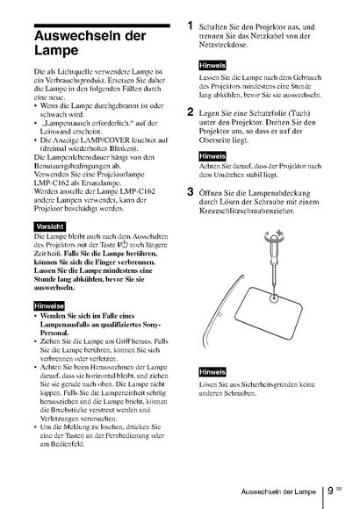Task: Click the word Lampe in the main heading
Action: pos(56,50)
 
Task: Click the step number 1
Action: pos(191,25)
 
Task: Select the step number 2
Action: pos(191,112)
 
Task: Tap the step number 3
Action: pos(191,191)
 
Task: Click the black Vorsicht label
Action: pos(50,226)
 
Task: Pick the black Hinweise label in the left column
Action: pos(49,305)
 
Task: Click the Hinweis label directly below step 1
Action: pos(212,66)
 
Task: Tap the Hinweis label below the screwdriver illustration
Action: pos(212,372)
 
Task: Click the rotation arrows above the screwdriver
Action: pos(275,234)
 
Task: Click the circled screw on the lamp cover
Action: pos(274,297)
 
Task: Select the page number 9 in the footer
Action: pos(330,491)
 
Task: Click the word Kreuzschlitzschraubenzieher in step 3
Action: pos(247,211)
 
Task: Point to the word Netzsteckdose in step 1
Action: pos(223,45)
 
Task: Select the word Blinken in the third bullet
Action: pos(125,148)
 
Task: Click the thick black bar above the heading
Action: pos(102,25)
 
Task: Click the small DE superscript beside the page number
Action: pos(339,488)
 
